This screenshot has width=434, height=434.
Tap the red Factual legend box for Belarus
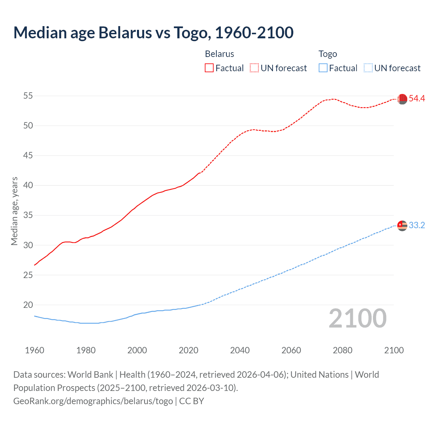coord(209,68)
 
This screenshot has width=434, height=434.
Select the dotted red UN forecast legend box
coord(254,68)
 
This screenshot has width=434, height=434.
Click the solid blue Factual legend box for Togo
coord(323,68)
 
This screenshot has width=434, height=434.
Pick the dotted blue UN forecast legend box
coord(368,68)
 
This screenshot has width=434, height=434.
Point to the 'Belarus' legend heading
coord(219,54)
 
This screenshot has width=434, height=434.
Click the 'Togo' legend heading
coord(328,54)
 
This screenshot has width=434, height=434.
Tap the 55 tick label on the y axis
coord(28,96)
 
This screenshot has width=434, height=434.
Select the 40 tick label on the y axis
coord(28,185)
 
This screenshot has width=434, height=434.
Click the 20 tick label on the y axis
coord(28,305)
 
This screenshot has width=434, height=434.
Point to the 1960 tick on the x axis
coord(35,350)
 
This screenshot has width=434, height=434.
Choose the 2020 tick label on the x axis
coord(189,350)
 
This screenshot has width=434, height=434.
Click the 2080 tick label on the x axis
coord(342,350)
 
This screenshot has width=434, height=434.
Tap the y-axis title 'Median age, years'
coord(14,211)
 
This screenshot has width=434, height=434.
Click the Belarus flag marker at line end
coord(402,99)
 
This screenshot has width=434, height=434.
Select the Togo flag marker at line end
coord(402,225)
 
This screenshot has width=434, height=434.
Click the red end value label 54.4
coord(417,99)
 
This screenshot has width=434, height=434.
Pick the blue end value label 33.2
coord(417,225)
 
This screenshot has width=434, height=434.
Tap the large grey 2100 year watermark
coord(358,318)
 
